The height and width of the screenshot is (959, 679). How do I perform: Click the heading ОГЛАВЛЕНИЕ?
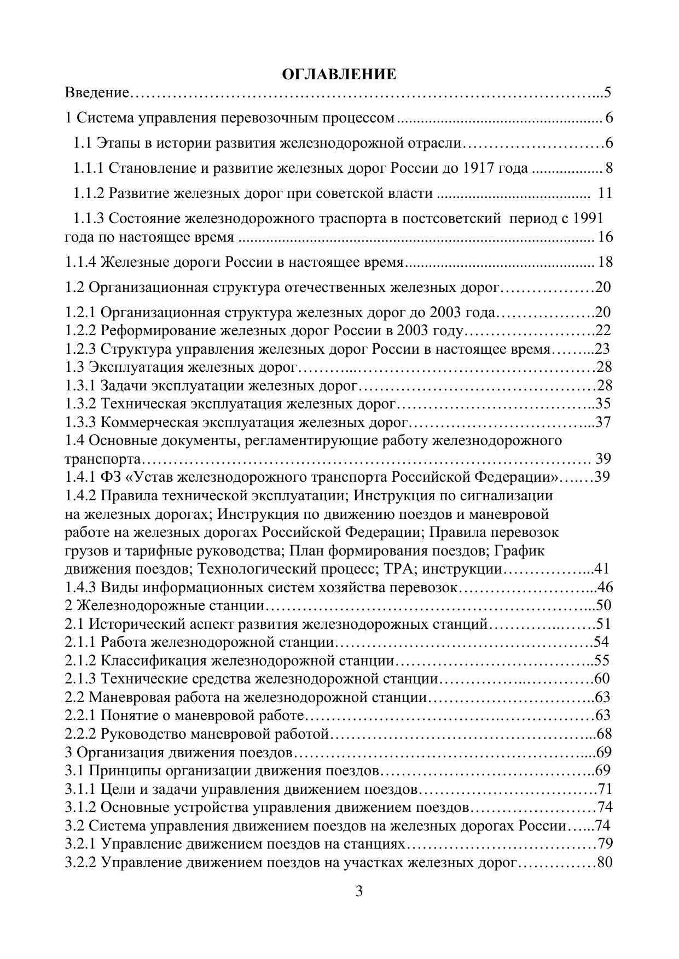339,74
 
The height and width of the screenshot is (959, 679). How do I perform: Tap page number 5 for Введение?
607,92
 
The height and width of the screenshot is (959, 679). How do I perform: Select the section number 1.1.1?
89,168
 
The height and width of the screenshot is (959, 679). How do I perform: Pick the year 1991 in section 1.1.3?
588,219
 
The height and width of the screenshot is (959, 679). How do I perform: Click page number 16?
606,237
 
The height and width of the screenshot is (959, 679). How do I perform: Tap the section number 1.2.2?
81,331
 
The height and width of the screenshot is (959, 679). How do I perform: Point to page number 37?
602,423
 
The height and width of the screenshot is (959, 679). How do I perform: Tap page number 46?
605,588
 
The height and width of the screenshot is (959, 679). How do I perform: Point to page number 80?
605,863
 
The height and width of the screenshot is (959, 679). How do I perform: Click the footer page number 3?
359,892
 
